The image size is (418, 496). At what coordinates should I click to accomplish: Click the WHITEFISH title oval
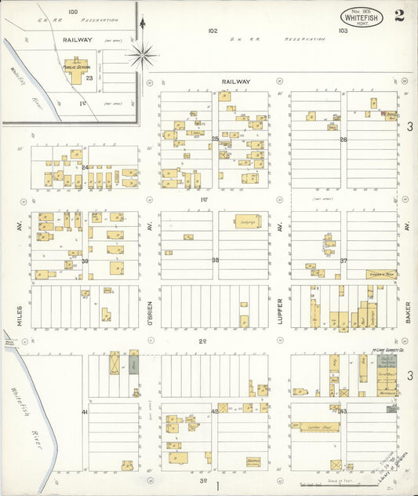tap(362, 17)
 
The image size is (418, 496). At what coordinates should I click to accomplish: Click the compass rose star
tap(142, 55)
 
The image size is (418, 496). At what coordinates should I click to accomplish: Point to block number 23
tap(90, 78)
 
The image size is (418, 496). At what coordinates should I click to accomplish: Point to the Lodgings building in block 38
tap(248, 222)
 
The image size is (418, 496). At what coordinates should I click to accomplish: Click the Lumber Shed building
tap(316, 428)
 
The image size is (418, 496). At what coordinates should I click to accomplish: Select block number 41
tap(83, 411)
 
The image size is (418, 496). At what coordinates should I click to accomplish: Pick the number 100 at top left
tap(73, 12)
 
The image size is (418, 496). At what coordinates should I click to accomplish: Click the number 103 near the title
tap(343, 31)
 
